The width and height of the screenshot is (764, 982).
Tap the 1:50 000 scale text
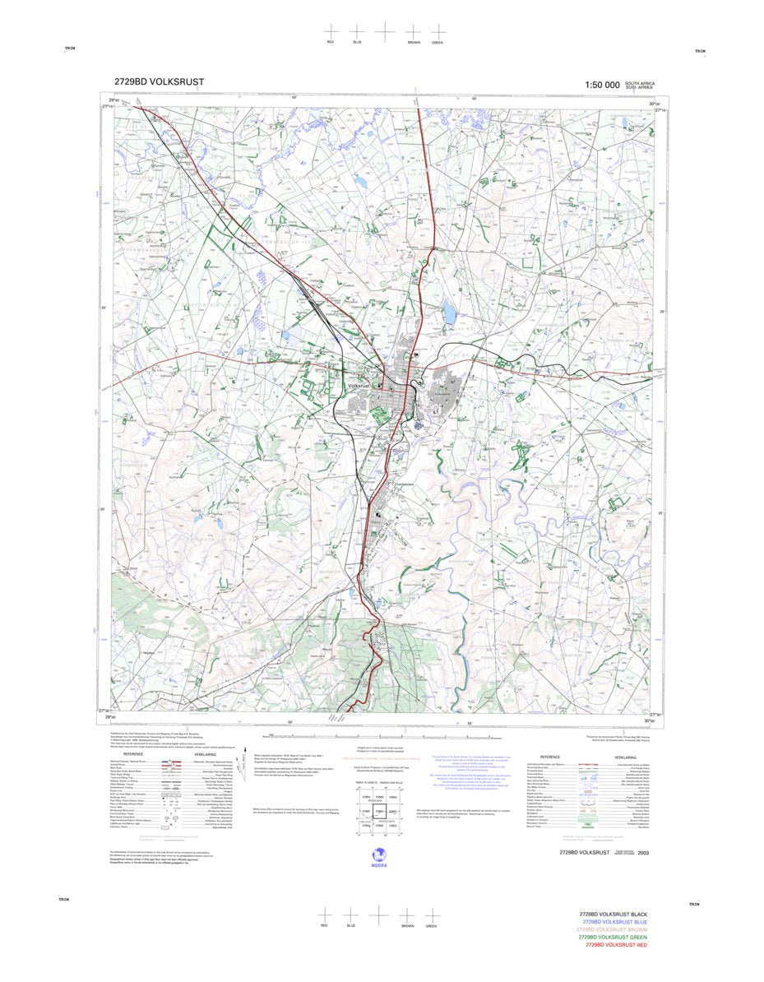(x=602, y=85)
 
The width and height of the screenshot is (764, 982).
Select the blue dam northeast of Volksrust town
(x=449, y=313)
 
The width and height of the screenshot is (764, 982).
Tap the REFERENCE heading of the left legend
(x=133, y=754)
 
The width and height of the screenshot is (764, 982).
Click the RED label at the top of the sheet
(x=331, y=41)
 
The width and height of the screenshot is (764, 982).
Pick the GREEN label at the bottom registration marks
(x=431, y=926)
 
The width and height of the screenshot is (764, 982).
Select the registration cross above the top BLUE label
(x=357, y=30)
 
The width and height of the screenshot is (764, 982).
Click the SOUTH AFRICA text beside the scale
(x=640, y=83)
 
